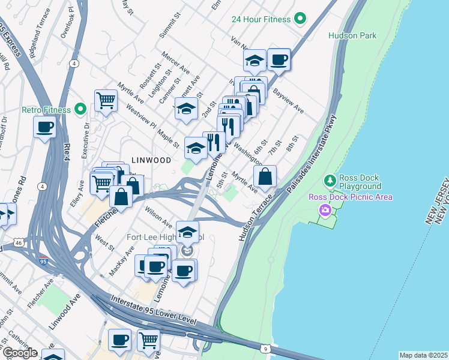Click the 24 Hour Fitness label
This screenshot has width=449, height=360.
pyautogui.click(x=262, y=19)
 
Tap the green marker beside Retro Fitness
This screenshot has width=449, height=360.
pyautogui.click(x=80, y=110)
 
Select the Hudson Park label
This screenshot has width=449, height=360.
pyautogui.click(x=352, y=35)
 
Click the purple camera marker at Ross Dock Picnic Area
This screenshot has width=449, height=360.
pyautogui.click(x=325, y=210)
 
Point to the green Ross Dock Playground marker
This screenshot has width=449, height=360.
pyautogui.click(x=330, y=180)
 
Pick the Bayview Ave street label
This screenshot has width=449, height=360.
pyautogui.click(x=289, y=102)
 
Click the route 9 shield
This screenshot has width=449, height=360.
pyautogui.click(x=265, y=348)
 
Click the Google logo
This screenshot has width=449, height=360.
pyautogui.click(x=19, y=353)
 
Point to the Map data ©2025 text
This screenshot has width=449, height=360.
pyautogui.click(x=423, y=355)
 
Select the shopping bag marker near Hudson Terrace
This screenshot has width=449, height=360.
pyautogui.click(x=265, y=176)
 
